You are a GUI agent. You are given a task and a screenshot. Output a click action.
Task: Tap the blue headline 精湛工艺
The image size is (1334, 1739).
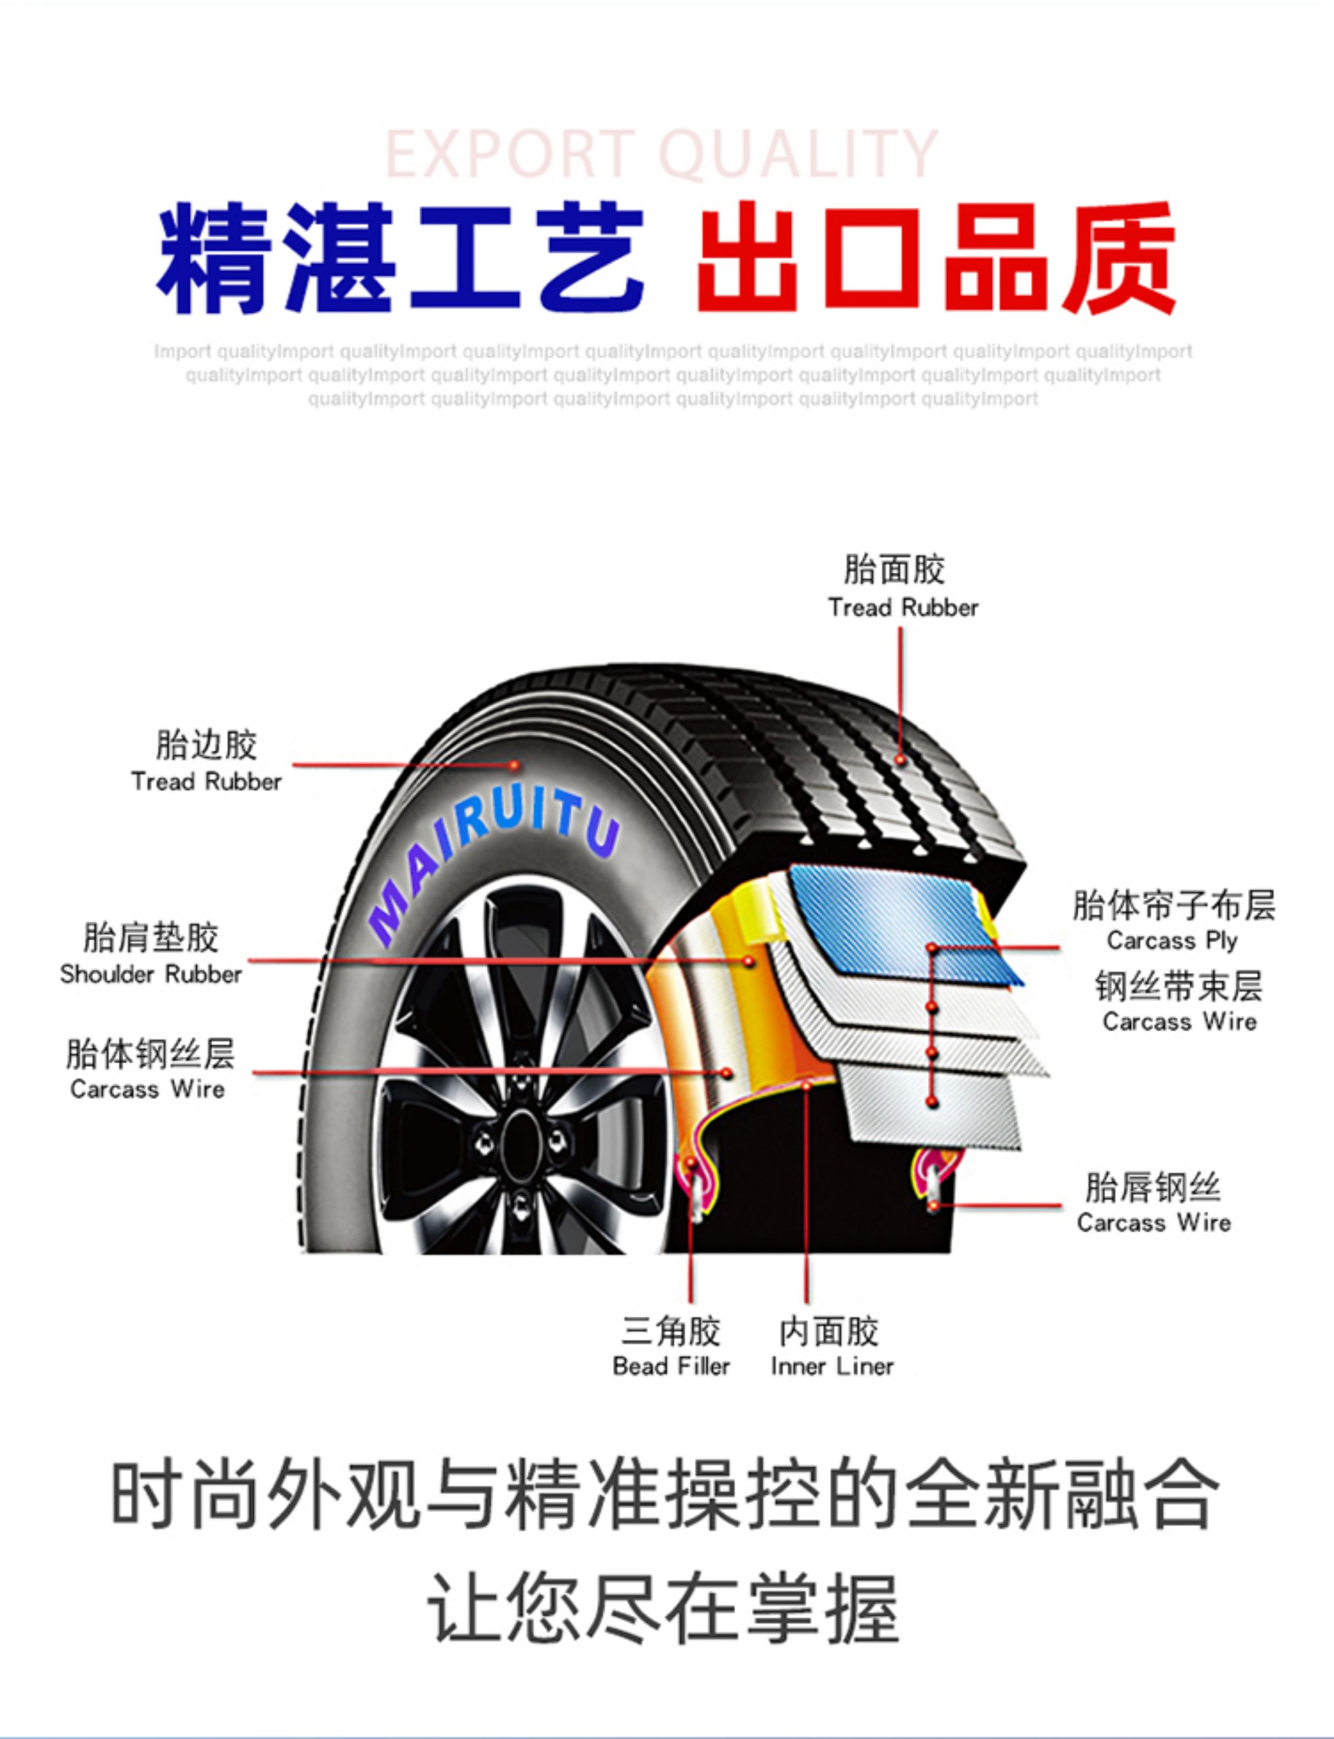[x=400, y=258]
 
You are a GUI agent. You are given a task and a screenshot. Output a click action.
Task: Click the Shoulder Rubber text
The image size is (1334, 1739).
[x=151, y=974]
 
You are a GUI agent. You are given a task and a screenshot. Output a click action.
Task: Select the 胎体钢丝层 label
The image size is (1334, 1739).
[x=150, y=1054]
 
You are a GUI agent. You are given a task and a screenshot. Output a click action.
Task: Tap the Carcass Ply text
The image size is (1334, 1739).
[x=1172, y=941]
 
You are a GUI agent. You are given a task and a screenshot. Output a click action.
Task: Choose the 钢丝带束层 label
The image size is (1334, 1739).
[x=1179, y=987]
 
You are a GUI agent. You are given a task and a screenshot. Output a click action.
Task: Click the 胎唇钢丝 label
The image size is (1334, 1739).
[x=1153, y=1188]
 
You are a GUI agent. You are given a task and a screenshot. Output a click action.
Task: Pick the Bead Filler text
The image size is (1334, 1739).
[x=671, y=1367]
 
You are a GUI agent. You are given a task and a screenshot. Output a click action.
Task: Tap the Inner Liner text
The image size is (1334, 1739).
[x=832, y=1367]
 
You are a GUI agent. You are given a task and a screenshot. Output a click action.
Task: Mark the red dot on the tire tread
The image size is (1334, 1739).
[x=900, y=760]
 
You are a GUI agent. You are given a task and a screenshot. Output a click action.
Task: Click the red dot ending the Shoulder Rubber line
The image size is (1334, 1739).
[x=748, y=962]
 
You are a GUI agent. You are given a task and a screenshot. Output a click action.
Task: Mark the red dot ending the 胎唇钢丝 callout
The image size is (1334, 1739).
[x=934, y=1206]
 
